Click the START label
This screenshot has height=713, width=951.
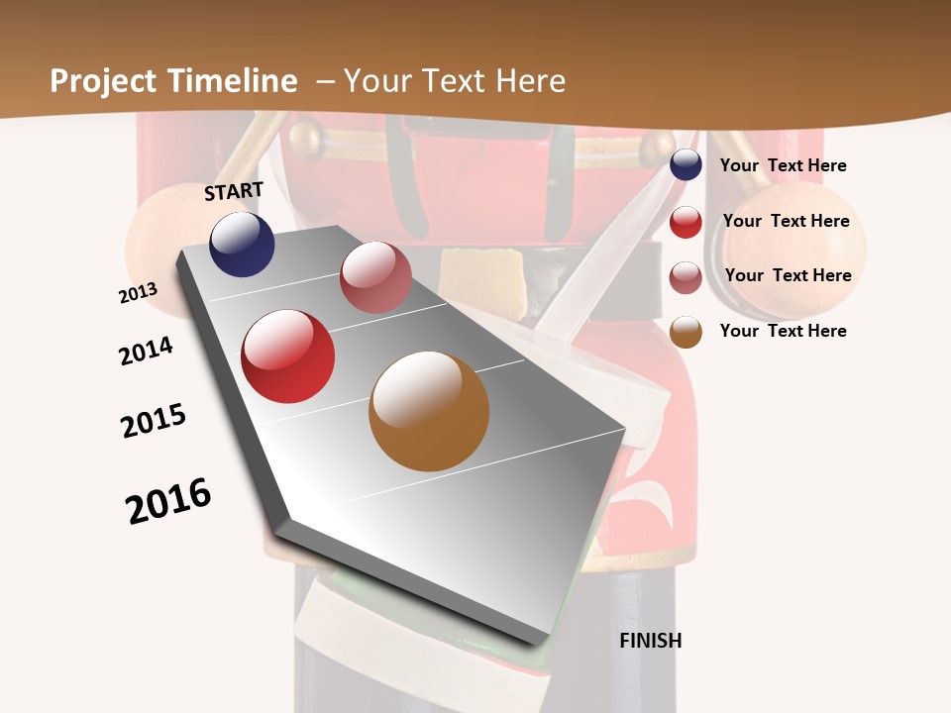tap(234, 191)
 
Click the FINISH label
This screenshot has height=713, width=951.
tap(651, 641)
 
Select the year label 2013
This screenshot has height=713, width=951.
tap(138, 293)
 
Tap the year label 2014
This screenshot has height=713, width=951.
tap(146, 352)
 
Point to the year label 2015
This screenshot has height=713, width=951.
tap(154, 421)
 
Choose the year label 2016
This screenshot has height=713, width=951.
tap(168, 501)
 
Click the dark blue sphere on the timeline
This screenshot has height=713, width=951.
tap(242, 245)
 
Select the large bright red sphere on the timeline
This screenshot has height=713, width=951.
tap(288, 356)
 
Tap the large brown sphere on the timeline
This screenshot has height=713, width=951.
tap(429, 411)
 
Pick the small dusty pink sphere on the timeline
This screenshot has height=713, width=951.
tap(375, 277)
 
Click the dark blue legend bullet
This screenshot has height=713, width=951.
tap(686, 165)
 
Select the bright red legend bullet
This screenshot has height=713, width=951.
tap(686, 222)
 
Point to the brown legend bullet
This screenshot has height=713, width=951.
tap(686, 333)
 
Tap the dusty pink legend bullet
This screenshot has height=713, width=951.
tap(686, 277)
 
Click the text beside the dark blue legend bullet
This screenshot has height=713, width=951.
tap(783, 166)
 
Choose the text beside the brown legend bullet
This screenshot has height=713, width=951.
tap(783, 331)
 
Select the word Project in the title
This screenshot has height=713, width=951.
tap(103, 81)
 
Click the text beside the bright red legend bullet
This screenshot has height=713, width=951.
tap(786, 221)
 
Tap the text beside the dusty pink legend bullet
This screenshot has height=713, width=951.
tap(788, 275)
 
